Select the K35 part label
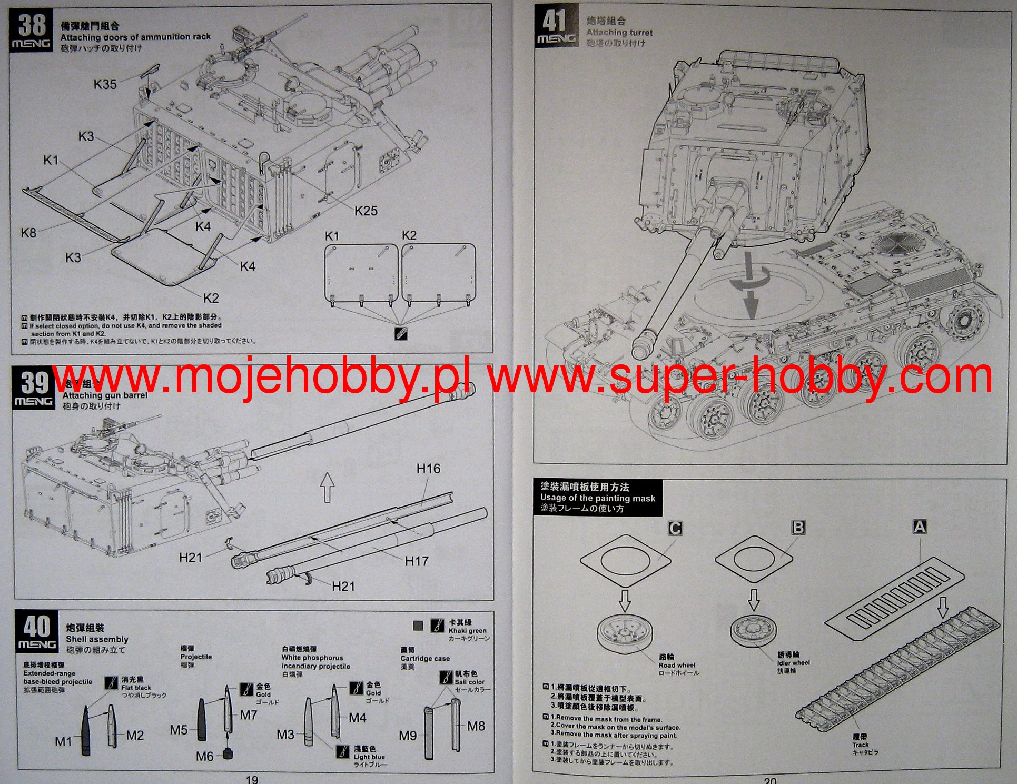pos(105,84)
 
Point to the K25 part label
pos(366,211)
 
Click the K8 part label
pos(28,232)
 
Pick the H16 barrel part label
pos(428,469)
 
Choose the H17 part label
pos(416,561)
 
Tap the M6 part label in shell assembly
pos(204,756)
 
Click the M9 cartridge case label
pos(407,736)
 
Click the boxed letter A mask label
pos(919,527)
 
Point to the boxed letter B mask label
pos(798,527)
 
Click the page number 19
pos(252,779)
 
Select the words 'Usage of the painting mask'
pos(597,498)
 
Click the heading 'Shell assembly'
pos(97,639)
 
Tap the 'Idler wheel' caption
pos(793,663)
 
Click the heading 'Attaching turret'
pos(619,33)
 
